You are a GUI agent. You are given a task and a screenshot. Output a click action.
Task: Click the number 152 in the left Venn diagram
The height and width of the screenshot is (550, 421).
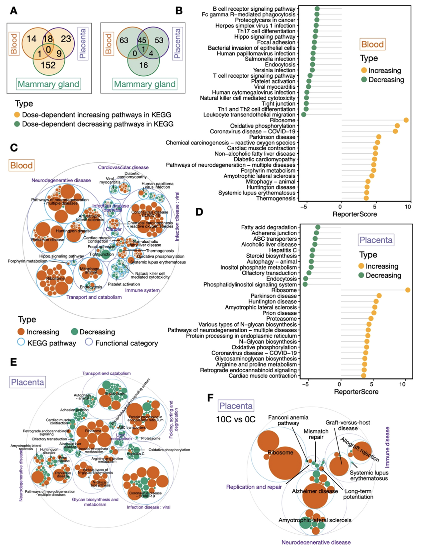click(x=48, y=65)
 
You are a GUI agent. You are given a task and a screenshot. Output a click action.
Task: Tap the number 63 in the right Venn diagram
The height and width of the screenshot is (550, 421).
click(x=124, y=40)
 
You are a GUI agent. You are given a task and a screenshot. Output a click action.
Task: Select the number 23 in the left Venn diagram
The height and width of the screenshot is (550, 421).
click(x=66, y=39)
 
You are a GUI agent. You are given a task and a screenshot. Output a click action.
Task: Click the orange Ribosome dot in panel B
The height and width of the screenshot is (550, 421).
click(x=406, y=120)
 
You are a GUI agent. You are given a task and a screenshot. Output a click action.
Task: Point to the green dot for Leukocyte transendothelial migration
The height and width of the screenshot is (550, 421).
click(x=304, y=114)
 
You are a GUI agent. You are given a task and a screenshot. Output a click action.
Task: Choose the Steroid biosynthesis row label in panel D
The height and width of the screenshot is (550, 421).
click(x=271, y=256)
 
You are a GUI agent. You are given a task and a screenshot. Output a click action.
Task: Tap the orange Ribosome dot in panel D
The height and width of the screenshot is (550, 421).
click(x=407, y=290)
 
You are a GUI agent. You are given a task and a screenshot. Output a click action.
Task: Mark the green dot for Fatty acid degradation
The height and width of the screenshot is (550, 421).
click(x=318, y=227)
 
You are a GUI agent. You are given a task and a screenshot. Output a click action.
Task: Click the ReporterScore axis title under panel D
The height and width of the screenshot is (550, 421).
click(x=356, y=392)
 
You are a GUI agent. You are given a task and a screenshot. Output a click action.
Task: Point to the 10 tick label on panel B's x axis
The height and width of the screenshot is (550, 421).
click(x=408, y=207)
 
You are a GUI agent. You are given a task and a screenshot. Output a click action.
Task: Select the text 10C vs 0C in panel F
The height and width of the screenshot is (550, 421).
click(x=236, y=419)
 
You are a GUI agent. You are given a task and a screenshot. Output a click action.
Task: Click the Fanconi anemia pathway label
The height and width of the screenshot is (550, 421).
click(x=288, y=420)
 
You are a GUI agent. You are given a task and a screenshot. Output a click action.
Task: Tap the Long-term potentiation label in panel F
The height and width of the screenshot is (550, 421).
click(x=358, y=494)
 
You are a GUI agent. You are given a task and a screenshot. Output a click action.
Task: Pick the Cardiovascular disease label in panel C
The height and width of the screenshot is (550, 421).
click(x=123, y=167)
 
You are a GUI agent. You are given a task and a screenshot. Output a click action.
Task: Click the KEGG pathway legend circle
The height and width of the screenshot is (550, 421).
click(x=21, y=342)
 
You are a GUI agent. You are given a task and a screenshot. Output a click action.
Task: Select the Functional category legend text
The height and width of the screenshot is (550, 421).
click(x=126, y=343)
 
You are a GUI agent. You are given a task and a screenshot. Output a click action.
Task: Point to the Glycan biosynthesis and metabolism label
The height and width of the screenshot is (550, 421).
click(x=95, y=502)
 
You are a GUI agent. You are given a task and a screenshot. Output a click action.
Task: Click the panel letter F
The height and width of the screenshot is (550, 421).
click(x=210, y=398)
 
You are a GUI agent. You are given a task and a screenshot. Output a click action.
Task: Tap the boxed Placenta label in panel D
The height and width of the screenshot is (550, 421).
click(x=376, y=240)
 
